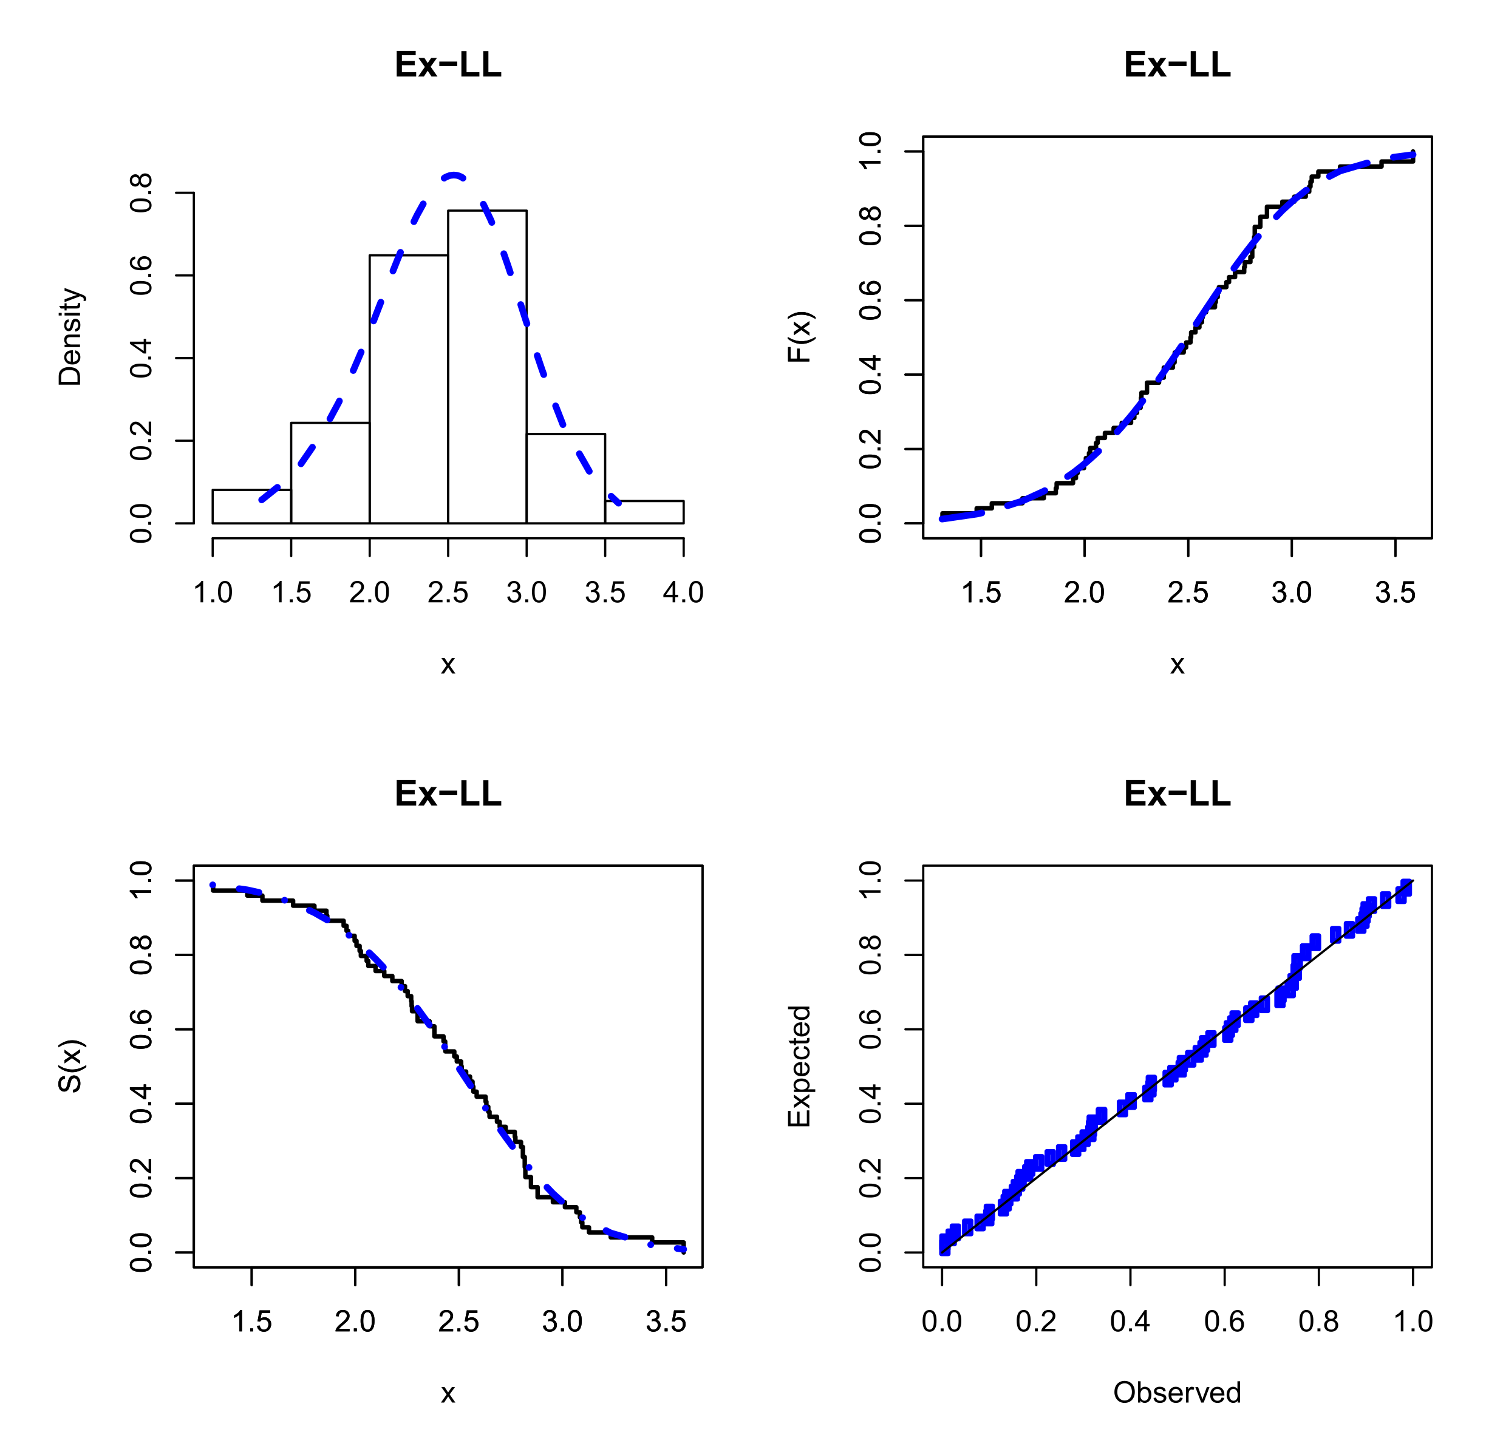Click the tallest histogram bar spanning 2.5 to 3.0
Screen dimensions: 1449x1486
pyautogui.click(x=487, y=365)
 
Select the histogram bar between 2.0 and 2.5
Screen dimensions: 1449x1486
pyautogui.click(x=409, y=388)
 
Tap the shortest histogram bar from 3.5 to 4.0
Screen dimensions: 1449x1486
pyautogui.click(x=644, y=512)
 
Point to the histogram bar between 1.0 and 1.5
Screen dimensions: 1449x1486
pyautogui.click(x=251, y=507)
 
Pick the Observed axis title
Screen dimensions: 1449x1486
pyautogui.click(x=1177, y=1393)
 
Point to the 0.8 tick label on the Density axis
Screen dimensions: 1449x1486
pyautogui.click(x=141, y=193)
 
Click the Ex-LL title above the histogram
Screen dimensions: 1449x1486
pyautogui.click(x=448, y=65)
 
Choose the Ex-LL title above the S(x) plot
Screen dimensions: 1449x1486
pyautogui.click(x=448, y=794)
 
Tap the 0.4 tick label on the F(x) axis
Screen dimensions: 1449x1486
pyautogui.click(x=870, y=375)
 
